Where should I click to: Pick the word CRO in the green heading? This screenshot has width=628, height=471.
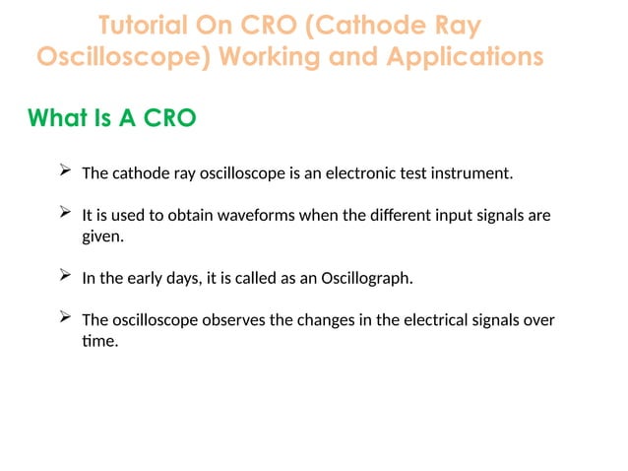170,118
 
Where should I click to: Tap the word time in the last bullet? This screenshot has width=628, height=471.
99,343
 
